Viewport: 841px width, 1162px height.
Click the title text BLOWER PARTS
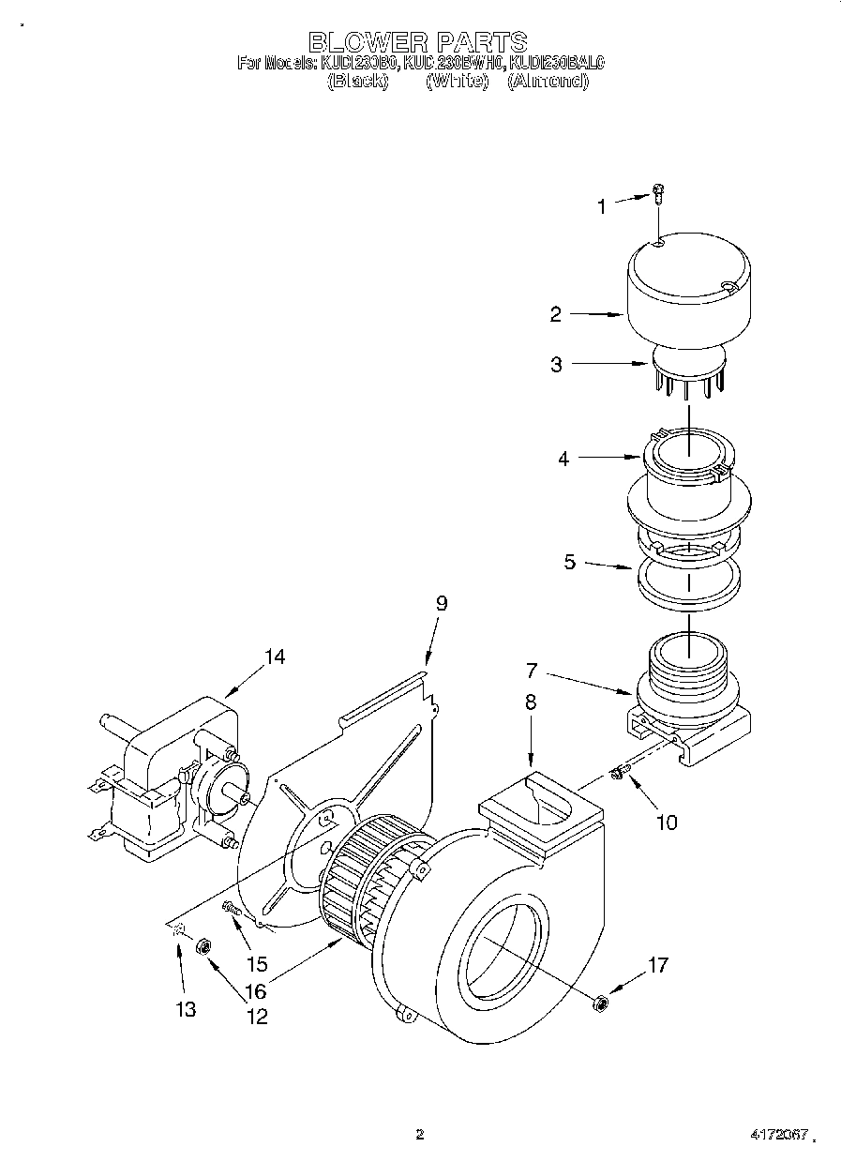[417, 41]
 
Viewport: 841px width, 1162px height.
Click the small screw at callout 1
[658, 193]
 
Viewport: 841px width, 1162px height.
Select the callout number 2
[555, 315]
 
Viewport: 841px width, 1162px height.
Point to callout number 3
[556, 365]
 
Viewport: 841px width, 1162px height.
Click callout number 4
[563, 459]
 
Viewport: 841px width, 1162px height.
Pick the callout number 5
[568, 564]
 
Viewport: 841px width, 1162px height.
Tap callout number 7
[532, 671]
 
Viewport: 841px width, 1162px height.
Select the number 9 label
[441, 603]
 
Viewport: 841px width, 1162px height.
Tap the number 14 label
[273, 656]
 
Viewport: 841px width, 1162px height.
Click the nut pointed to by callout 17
[601, 1004]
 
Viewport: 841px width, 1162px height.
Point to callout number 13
[186, 1010]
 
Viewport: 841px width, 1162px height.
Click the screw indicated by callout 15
[231, 907]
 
